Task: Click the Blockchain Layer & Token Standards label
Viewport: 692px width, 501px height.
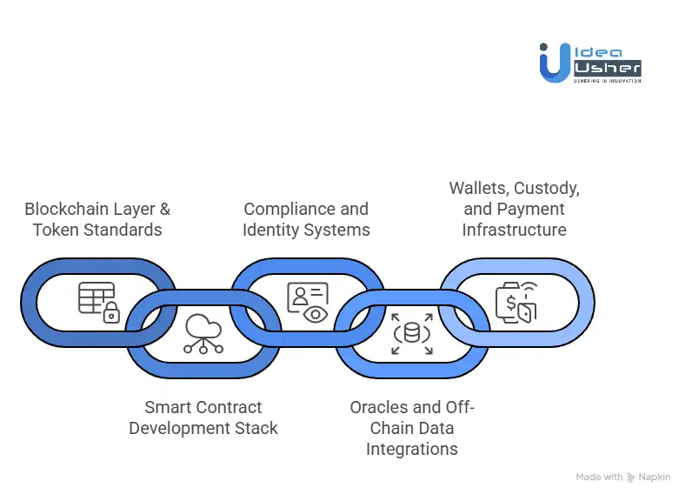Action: tap(97, 219)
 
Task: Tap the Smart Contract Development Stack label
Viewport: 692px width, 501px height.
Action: tap(203, 417)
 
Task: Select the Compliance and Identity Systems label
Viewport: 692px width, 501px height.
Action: tap(306, 219)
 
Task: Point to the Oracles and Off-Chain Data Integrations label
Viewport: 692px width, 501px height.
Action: tap(412, 428)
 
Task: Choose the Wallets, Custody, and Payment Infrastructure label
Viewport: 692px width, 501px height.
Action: tap(514, 209)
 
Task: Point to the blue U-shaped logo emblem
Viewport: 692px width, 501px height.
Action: tap(554, 63)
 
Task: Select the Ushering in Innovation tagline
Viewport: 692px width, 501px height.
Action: tap(607, 81)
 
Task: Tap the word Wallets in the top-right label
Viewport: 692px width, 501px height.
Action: tap(481, 188)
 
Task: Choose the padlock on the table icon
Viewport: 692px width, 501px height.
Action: tap(111, 315)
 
